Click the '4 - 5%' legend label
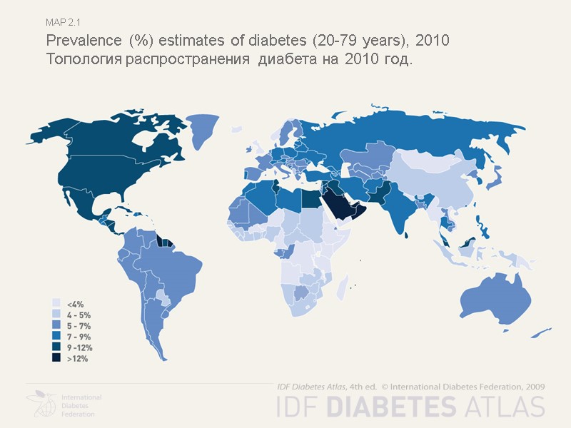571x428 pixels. [79, 315]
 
